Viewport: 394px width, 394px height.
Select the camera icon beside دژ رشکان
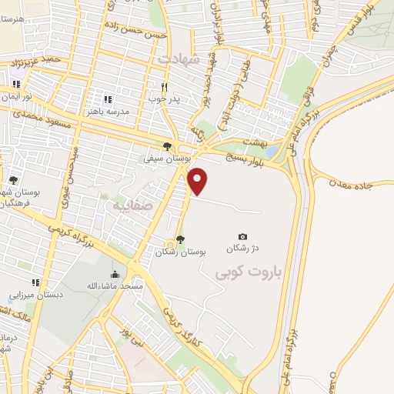click(x=243, y=236)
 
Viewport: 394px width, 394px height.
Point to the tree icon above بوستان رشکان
click(x=180, y=239)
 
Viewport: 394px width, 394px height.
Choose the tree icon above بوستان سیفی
click(x=168, y=146)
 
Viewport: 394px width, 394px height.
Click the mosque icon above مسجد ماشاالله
click(x=115, y=275)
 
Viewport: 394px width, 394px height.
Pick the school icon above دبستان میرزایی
click(x=35, y=282)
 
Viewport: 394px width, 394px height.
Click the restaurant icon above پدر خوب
click(x=163, y=87)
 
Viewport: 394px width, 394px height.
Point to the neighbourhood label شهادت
click(x=179, y=58)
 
